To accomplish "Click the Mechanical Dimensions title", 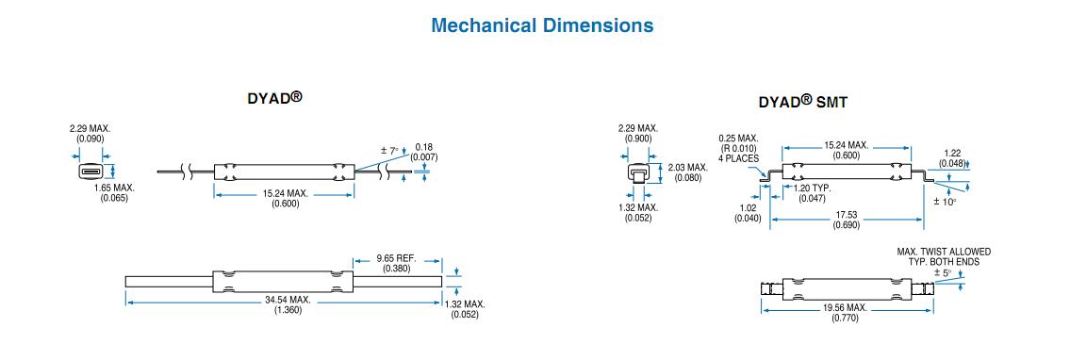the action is pos(542,25).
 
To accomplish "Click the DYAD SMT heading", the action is pos(803,103).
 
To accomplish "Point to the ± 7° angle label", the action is pos(389,151).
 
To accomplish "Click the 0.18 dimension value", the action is pos(424,147).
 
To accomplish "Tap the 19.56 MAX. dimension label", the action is pos(845,308).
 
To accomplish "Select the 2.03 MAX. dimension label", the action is pos(688,168).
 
